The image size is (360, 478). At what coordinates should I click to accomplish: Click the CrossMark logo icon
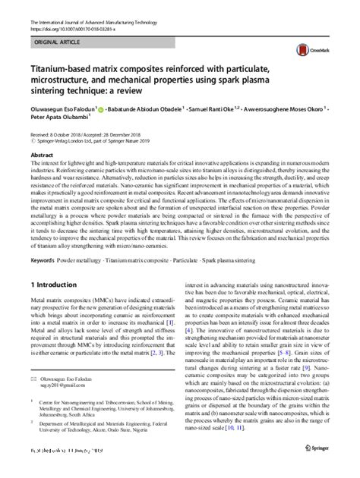click(x=314, y=46)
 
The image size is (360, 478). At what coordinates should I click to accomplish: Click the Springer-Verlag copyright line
click(x=99, y=140)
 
